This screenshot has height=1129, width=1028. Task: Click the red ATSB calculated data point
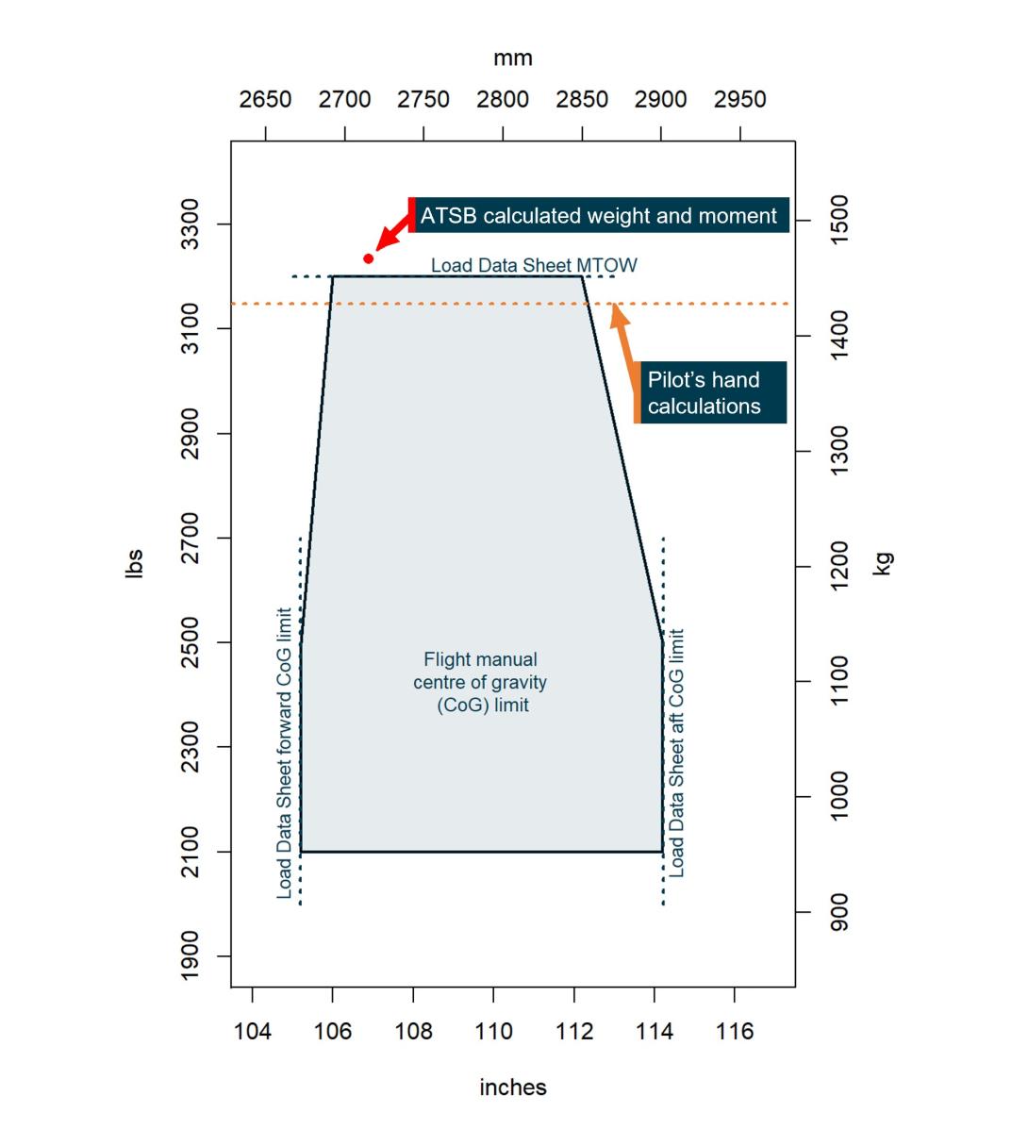(x=369, y=258)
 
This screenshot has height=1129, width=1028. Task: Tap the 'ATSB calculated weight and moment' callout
(x=599, y=216)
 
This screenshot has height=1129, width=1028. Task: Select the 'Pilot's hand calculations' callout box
(x=709, y=392)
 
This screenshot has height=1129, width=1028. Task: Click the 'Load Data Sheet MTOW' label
(x=534, y=265)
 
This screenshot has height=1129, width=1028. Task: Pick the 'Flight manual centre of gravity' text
(x=480, y=682)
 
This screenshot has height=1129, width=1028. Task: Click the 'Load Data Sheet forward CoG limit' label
(x=285, y=753)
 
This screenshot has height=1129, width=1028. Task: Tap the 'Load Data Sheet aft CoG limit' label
(x=676, y=753)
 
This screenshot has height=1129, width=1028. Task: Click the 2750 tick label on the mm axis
(x=423, y=99)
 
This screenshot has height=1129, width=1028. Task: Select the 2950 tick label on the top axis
(x=739, y=99)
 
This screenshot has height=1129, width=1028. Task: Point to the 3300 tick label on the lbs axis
(x=191, y=224)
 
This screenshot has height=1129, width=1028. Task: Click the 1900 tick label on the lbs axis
(x=191, y=955)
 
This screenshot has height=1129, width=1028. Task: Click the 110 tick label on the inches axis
(x=493, y=1031)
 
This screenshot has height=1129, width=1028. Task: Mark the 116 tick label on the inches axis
(x=735, y=1031)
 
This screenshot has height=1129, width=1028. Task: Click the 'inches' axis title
(x=513, y=1087)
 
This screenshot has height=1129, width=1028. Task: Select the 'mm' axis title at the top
(x=513, y=58)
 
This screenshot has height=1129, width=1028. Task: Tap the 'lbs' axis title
(x=134, y=563)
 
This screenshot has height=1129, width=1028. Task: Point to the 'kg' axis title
(x=883, y=564)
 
